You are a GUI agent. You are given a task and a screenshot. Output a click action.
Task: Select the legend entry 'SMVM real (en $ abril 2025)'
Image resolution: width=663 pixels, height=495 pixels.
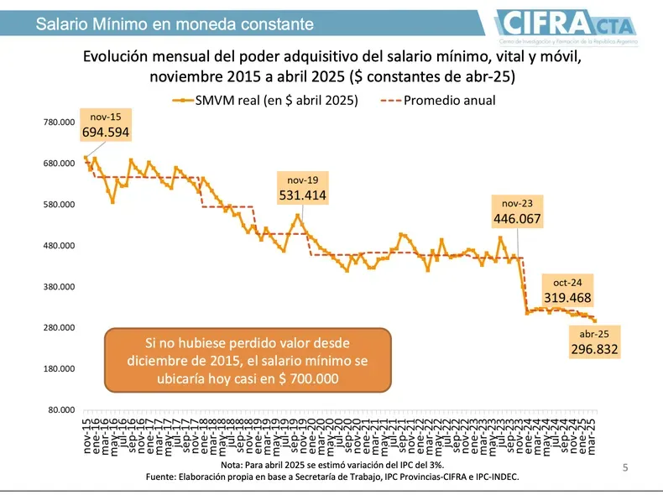click(x=265, y=101)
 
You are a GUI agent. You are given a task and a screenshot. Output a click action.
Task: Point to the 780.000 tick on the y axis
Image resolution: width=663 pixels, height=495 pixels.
click(x=60, y=123)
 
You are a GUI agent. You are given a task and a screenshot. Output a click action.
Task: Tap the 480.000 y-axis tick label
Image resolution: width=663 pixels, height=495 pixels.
click(x=60, y=246)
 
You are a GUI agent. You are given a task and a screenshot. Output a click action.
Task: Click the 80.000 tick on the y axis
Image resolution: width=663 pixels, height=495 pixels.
click(x=62, y=409)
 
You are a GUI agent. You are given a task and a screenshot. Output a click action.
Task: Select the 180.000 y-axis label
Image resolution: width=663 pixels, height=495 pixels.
click(x=60, y=369)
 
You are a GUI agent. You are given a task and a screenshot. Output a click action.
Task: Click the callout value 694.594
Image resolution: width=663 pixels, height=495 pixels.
click(x=106, y=132)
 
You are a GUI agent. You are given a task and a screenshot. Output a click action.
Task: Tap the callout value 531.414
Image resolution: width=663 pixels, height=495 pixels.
click(x=302, y=195)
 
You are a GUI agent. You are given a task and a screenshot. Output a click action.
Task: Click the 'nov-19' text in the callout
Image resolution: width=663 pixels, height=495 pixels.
click(x=302, y=180)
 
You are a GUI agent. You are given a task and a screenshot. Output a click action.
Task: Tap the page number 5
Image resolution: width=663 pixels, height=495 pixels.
click(x=624, y=467)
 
